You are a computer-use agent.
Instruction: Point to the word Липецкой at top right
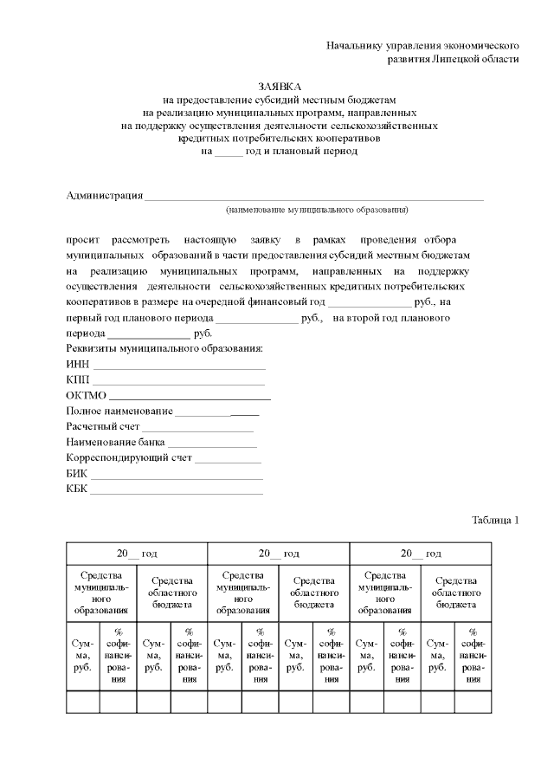[459, 59]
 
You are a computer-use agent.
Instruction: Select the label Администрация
[105, 195]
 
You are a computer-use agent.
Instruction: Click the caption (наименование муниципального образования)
[315, 210]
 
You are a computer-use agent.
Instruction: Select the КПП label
[78, 379]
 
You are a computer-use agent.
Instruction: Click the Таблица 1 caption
[495, 521]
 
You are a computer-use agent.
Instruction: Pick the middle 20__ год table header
[279, 554]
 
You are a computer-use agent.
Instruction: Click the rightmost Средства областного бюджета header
[455, 593]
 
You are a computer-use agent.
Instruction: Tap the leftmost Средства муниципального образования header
[100, 593]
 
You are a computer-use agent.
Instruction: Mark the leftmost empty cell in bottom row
[82, 701]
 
